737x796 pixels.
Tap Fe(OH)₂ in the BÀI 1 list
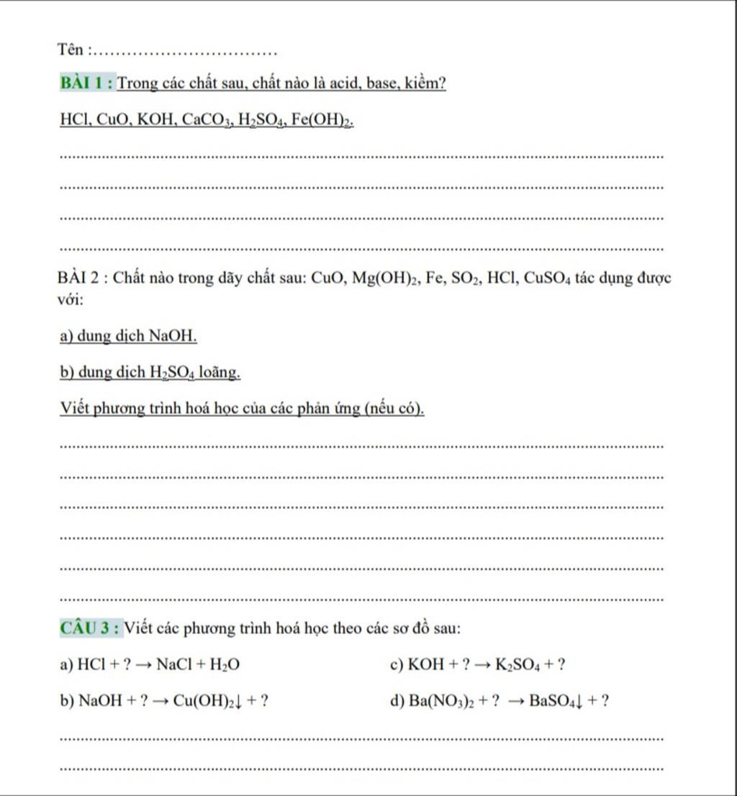click(325, 119)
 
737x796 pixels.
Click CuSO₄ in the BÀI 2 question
click(548, 278)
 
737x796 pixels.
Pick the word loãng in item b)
click(220, 372)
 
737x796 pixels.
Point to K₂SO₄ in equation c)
click(517, 665)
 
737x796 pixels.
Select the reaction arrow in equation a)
click(143, 665)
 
